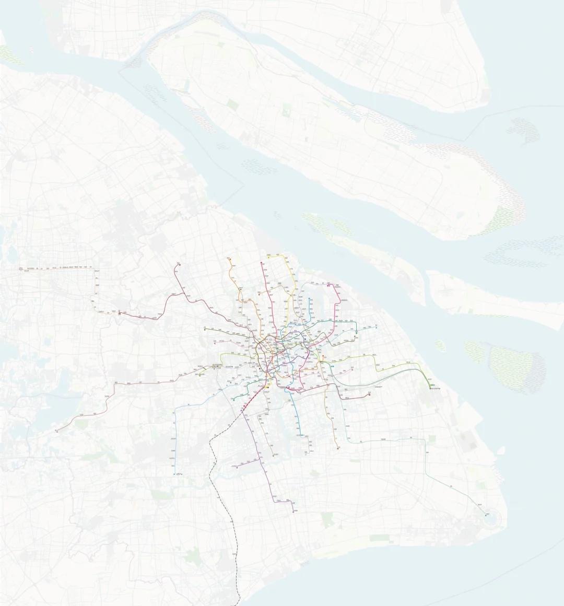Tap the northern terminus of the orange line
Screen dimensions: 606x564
click(229, 258)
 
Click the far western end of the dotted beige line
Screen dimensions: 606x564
click(19, 269)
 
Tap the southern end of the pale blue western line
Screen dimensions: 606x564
click(174, 473)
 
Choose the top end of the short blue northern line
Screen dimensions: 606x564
click(311, 299)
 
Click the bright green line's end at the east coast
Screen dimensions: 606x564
click(431, 388)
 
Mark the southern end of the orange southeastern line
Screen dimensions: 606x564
click(337, 448)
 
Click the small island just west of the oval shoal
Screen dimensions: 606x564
click(440, 345)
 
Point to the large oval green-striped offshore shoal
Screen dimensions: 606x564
click(514, 368)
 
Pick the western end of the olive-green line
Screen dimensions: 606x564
click(205, 329)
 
